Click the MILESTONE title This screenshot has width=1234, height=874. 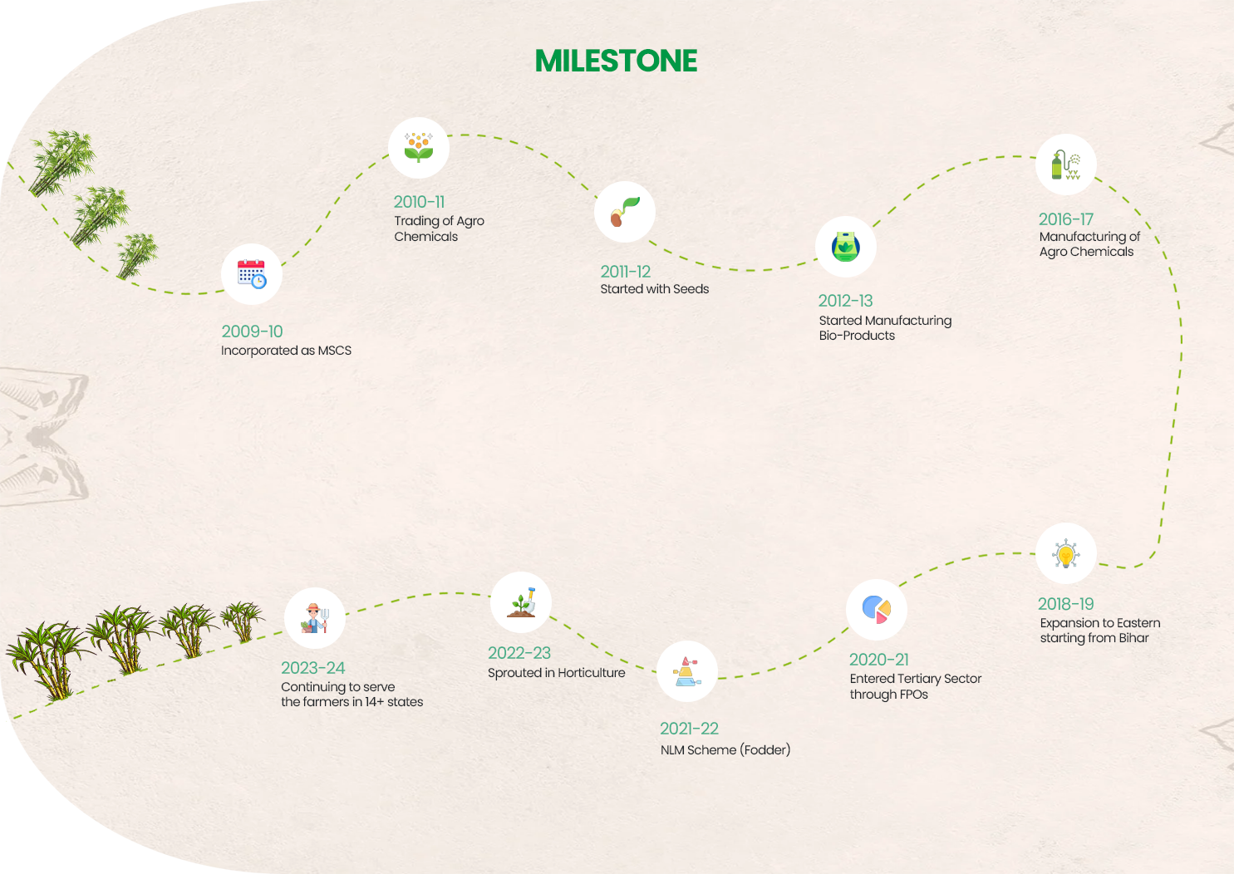tap(616, 61)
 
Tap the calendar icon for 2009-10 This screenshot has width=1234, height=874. tap(252, 274)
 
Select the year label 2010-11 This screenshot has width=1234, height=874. tap(419, 202)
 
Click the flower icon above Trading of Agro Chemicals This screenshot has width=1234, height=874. tap(419, 148)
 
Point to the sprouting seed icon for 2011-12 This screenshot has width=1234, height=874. tap(625, 212)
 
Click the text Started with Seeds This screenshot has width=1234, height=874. tap(654, 289)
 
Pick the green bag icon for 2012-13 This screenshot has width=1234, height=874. tap(846, 247)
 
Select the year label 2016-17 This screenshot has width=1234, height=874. tap(1065, 219)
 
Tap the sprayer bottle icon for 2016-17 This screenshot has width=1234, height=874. tap(1066, 164)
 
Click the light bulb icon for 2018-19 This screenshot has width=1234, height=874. tap(1066, 553)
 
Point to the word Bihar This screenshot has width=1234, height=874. tap(1133, 638)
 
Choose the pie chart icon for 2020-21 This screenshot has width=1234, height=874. tap(877, 609)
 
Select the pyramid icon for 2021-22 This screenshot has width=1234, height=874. tap(686, 671)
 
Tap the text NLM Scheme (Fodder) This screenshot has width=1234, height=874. tap(725, 750)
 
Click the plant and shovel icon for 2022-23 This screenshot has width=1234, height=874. tap(521, 602)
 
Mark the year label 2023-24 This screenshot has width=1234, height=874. tap(312, 668)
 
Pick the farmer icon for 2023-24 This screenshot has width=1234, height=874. tap(314, 618)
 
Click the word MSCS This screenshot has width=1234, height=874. tap(335, 351)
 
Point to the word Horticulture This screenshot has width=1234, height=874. tap(592, 673)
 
